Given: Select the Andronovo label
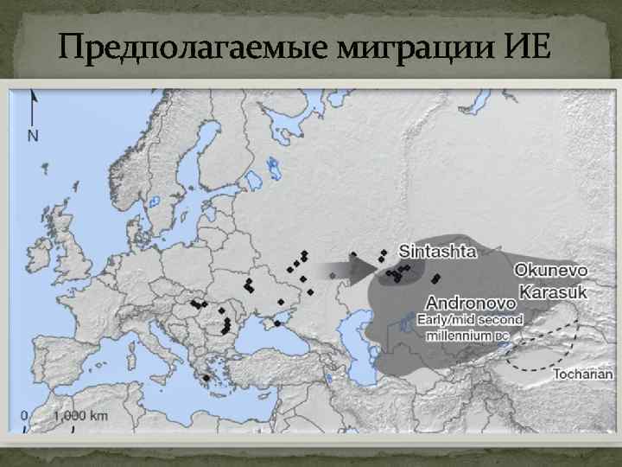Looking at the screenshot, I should (472, 304).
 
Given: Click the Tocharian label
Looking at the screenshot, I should (582, 374).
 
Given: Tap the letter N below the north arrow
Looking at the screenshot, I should (33, 135).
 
